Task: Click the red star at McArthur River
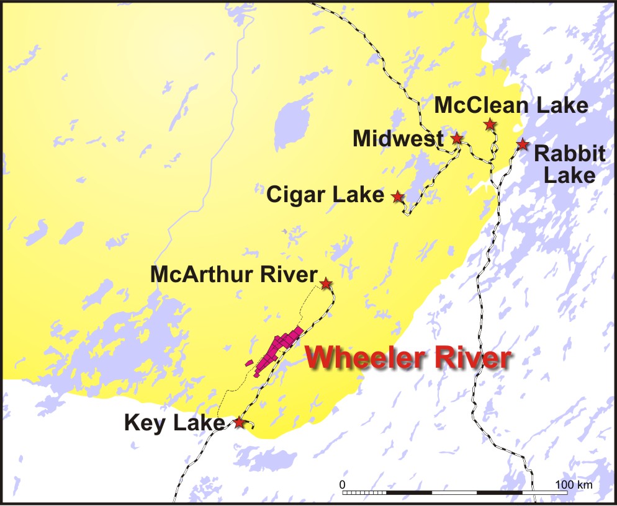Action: [325, 283]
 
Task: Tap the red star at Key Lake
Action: [239, 422]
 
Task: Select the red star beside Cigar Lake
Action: [397, 197]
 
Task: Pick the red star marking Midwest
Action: [457, 138]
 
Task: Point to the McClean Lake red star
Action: [490, 124]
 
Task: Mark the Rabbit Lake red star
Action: [523, 144]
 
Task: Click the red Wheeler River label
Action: [410, 358]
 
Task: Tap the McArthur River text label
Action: [233, 275]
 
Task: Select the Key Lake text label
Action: [174, 424]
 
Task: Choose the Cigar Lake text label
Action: [325, 195]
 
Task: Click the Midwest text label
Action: [399, 139]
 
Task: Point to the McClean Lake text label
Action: [510, 105]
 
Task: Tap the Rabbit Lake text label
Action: [569, 164]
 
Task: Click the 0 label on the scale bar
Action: [343, 484]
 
